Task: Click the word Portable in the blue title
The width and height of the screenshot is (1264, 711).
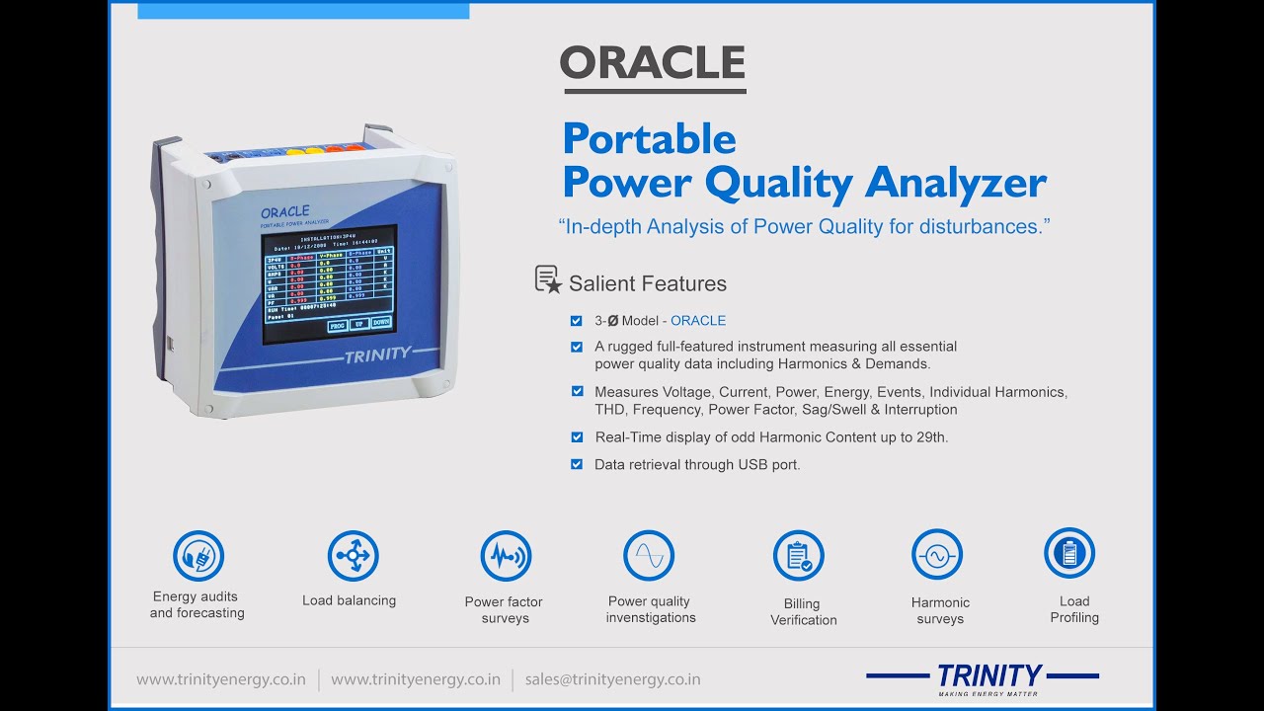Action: [x=649, y=138]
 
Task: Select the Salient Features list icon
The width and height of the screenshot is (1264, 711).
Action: [x=548, y=280]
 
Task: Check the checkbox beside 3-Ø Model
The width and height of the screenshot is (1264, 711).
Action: [x=577, y=320]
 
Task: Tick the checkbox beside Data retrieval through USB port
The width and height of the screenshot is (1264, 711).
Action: [x=577, y=464]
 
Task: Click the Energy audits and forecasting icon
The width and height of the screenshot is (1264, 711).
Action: [x=198, y=556]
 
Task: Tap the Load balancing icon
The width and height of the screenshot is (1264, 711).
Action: [x=353, y=556]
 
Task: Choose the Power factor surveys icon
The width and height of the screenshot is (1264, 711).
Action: [x=506, y=556]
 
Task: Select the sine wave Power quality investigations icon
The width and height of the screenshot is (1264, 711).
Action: [x=649, y=556]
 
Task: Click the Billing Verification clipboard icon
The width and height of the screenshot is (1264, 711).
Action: [x=798, y=556]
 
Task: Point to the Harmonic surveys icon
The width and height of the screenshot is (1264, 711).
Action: [x=936, y=556]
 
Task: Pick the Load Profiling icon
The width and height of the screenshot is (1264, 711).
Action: [x=1069, y=553]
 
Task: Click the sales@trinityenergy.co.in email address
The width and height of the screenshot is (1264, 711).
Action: [x=612, y=679]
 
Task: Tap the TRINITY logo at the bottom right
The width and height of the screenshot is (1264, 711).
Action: [x=987, y=676]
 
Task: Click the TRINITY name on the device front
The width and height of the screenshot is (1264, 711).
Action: [x=377, y=355]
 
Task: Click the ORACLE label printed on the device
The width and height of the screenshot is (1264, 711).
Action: [x=284, y=212]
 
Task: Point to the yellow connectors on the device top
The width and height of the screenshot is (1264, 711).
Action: [x=304, y=152]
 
